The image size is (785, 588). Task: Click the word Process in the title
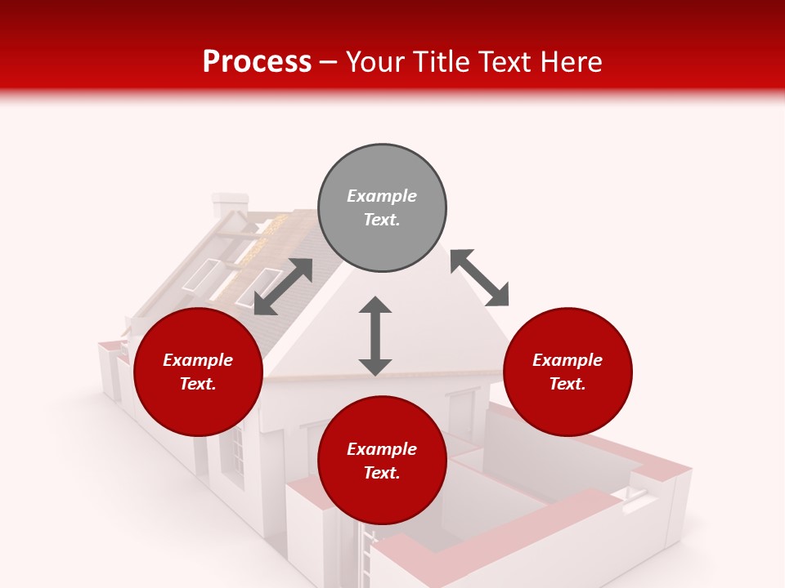coord(257,62)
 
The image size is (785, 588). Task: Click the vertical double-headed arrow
coord(375,336)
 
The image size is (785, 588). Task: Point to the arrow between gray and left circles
coord(283,287)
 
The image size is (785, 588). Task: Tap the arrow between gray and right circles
coord(479,278)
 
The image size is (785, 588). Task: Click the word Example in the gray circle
coord(382,196)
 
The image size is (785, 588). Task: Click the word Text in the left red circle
coord(198,384)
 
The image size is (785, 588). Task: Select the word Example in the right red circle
coord(567,360)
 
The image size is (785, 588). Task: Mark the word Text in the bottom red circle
coord(382,474)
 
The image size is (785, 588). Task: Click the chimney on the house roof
coord(229,205)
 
